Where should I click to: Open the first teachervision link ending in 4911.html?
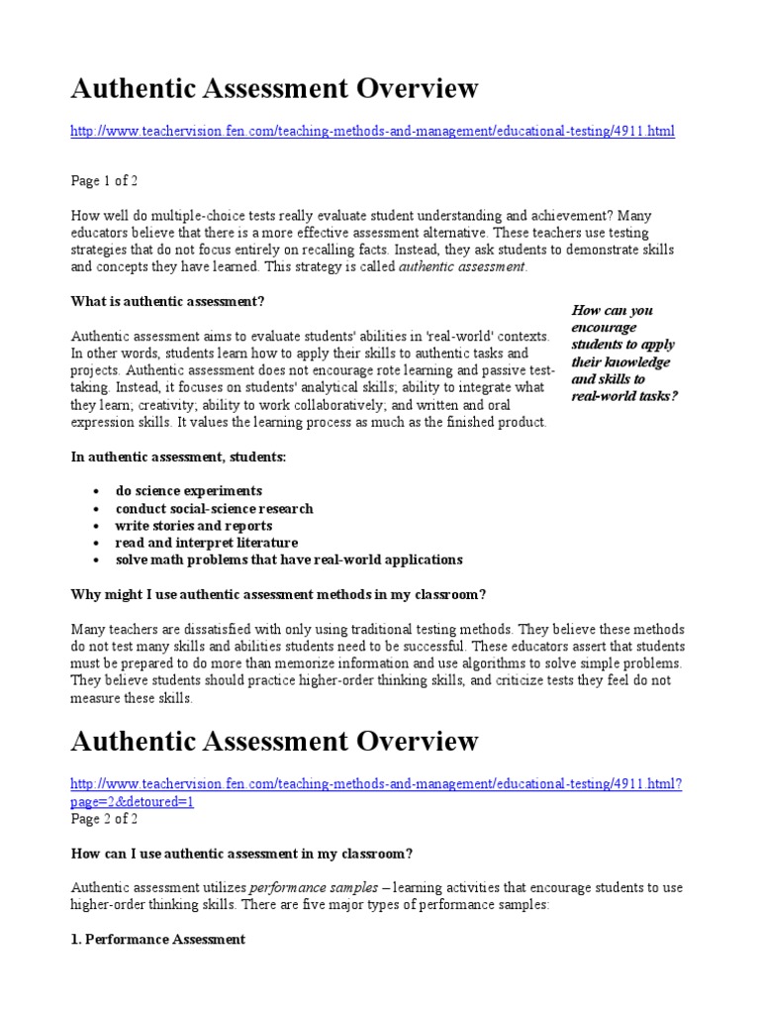(x=373, y=131)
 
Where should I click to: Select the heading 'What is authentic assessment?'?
(x=168, y=301)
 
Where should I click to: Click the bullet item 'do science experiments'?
(x=188, y=491)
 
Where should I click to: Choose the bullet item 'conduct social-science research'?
(x=214, y=508)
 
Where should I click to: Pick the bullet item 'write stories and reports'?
(x=193, y=526)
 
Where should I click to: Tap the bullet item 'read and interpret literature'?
(x=206, y=543)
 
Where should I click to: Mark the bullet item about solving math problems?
(x=288, y=559)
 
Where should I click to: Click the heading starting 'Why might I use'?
(x=278, y=594)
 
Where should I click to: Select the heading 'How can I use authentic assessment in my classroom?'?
(x=241, y=854)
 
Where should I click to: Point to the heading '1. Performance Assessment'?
(x=158, y=939)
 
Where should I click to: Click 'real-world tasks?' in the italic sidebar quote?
(x=624, y=396)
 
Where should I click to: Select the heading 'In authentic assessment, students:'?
(x=178, y=456)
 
